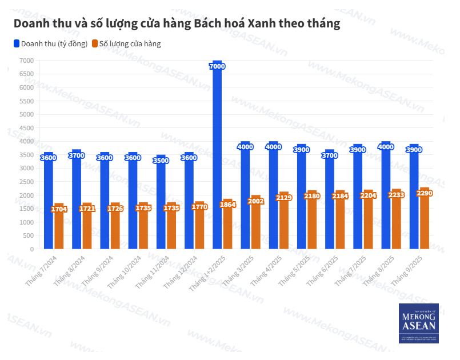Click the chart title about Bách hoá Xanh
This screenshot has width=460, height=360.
(177, 24)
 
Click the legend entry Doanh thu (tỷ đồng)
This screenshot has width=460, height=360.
(51, 43)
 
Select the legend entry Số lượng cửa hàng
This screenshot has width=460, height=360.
(126, 43)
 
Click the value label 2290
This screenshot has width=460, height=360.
(425, 193)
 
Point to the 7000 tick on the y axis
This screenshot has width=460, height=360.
(26, 61)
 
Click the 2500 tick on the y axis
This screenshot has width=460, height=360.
(26, 182)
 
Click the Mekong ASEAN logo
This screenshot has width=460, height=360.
(419, 323)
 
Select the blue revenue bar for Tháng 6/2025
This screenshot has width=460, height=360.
(330, 200)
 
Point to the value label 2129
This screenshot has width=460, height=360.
(284, 198)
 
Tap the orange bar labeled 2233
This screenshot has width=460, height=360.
(397, 220)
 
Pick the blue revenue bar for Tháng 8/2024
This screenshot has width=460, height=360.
(77, 200)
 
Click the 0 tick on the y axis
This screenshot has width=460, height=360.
(31, 249)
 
